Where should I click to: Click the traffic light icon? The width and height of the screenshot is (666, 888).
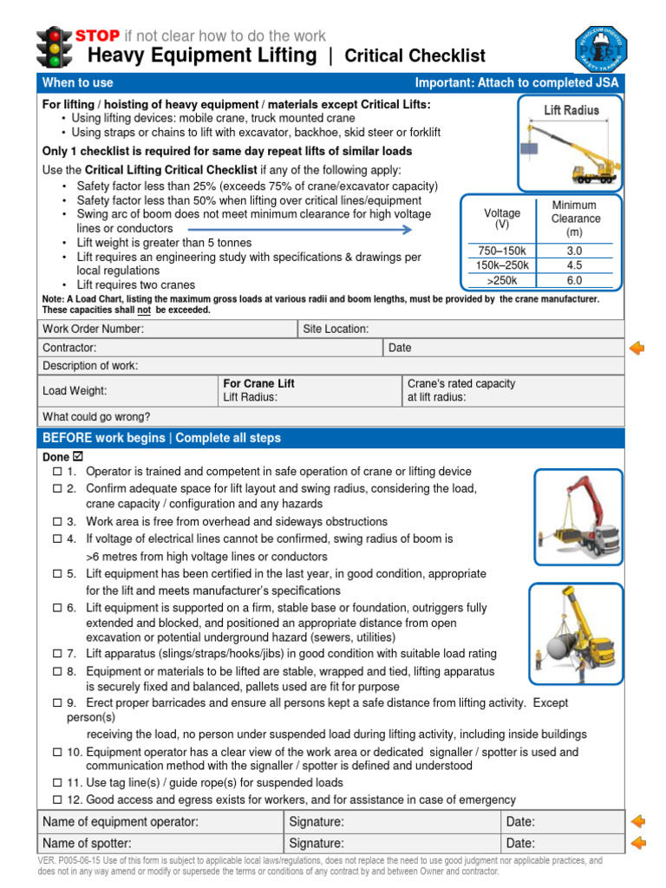pos(54,49)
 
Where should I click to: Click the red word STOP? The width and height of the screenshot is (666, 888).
pos(97,36)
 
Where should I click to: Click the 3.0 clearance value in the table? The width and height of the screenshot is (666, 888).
pos(574,250)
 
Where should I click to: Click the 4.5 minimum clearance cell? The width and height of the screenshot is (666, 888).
pos(574,265)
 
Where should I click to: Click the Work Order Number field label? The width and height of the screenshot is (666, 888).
pos(94,329)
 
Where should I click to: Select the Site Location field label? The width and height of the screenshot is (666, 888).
pos(336,329)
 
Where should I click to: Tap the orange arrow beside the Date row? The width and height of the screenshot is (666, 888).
pos(637,348)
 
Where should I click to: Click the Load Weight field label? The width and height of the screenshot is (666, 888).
pos(75,391)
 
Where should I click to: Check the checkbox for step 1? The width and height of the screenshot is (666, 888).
pos(57,472)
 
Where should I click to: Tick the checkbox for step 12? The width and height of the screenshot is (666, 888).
pos(57,800)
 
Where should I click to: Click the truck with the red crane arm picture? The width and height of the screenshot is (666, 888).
pos(578,516)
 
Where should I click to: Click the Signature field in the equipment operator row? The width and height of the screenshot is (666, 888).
pos(317,821)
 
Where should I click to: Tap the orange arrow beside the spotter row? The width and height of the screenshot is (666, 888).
pos(637,843)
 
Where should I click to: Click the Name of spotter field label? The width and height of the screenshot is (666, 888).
pos(87,843)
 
